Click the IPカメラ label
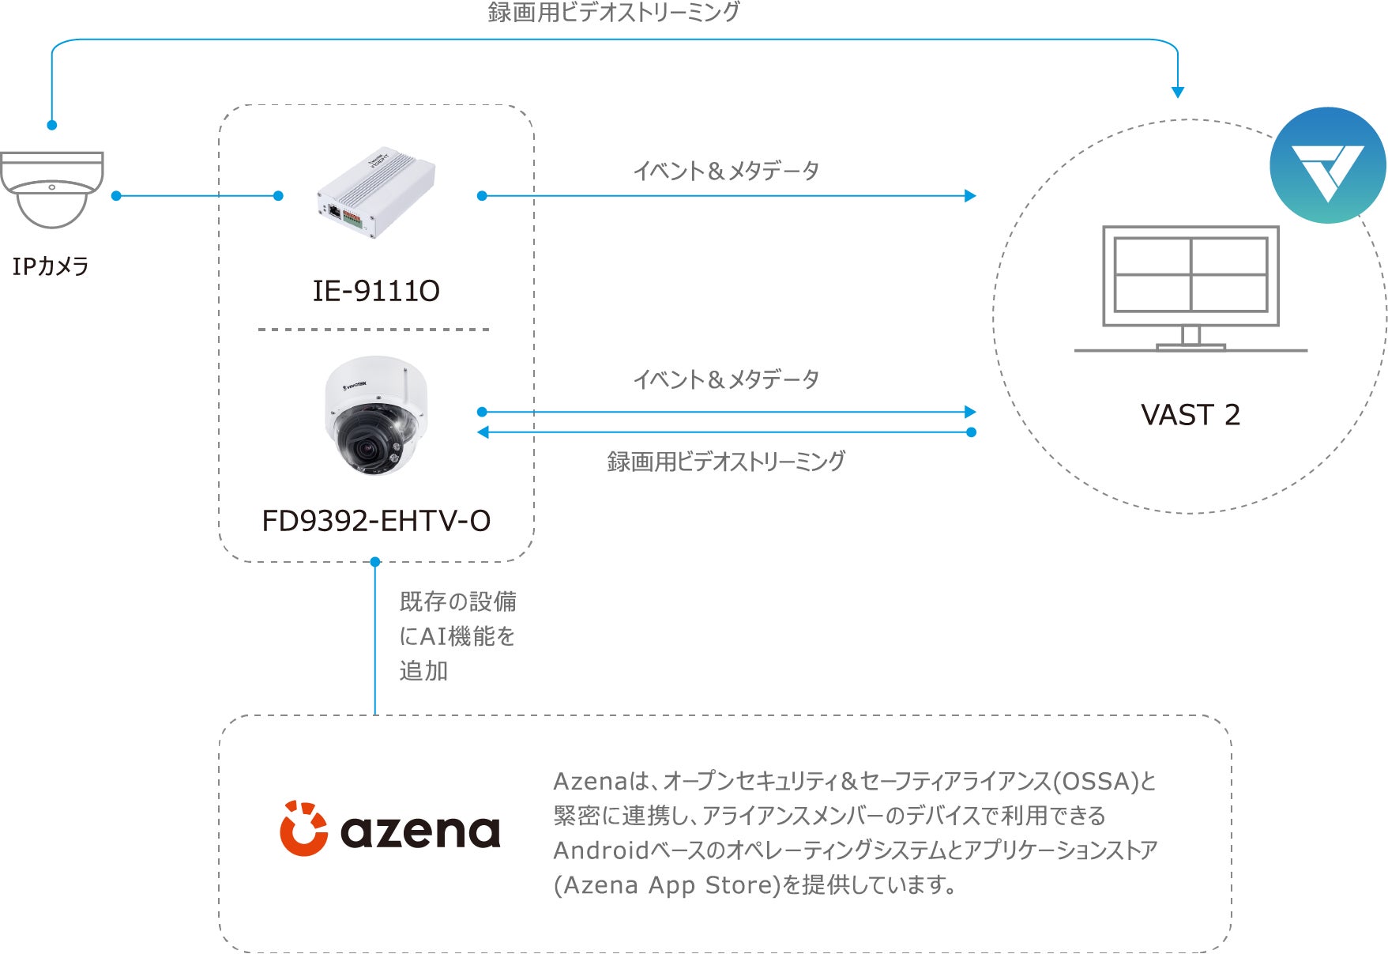(x=51, y=266)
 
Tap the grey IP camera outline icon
(x=52, y=189)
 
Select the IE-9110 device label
(x=376, y=291)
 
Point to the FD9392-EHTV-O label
(x=376, y=521)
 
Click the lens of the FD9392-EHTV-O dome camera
(x=366, y=450)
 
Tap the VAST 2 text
(x=1190, y=415)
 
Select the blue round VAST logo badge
(x=1327, y=165)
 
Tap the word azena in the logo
(x=420, y=831)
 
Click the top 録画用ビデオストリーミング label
(x=614, y=13)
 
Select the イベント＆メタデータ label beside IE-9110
(x=726, y=171)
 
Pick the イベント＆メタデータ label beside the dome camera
(x=726, y=379)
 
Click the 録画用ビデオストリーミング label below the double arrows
(x=726, y=462)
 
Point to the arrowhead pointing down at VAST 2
(x=1178, y=92)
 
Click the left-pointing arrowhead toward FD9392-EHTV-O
(x=483, y=432)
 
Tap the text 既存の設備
(x=458, y=601)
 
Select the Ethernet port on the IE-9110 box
(x=334, y=211)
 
